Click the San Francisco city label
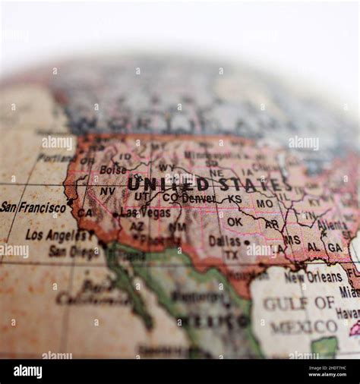[33, 206]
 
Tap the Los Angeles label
[59, 234]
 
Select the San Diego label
[73, 251]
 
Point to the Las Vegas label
[145, 213]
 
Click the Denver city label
[198, 198]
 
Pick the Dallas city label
[225, 241]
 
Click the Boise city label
[113, 170]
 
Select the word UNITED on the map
[168, 184]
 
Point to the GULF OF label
[299, 304]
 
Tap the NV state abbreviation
[108, 191]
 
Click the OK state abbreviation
[235, 222]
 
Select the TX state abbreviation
[231, 255]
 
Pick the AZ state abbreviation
[137, 226]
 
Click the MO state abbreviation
[264, 203]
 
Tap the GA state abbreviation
[334, 247]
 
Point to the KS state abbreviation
[234, 199]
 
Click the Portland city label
[55, 158]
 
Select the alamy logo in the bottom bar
[27, 371]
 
